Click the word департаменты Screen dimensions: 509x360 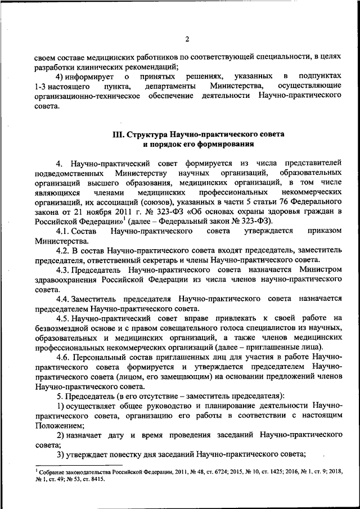170,85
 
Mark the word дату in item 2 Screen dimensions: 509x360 119,435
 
